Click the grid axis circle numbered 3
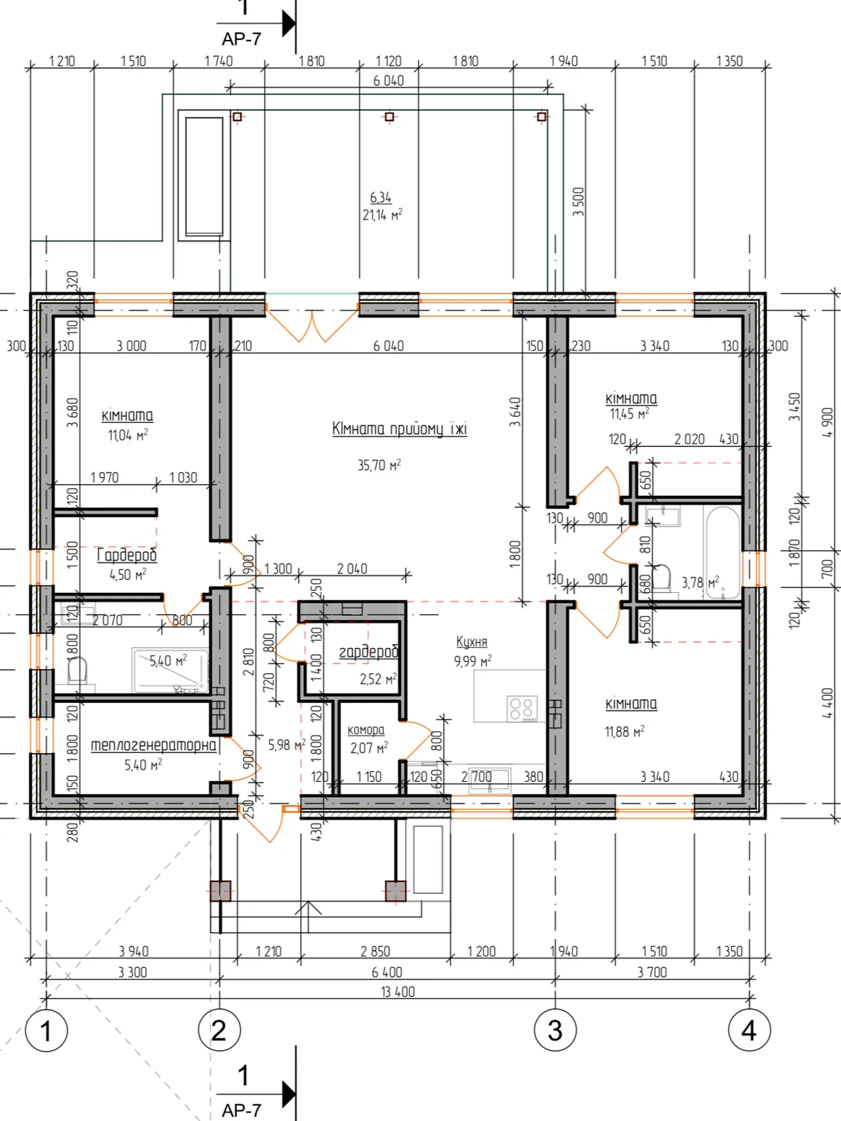click(555, 1030)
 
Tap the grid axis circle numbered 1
click(46, 1030)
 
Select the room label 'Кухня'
click(471, 642)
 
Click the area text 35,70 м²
click(379, 465)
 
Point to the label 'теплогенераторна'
click(153, 745)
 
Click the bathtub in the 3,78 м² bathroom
click(723, 551)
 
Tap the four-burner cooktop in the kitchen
click(522, 708)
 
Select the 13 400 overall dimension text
click(398, 992)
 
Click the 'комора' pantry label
click(366, 730)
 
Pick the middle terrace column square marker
click(390, 117)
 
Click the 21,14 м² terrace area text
click(382, 215)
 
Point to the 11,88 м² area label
click(624, 732)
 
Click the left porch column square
click(221, 890)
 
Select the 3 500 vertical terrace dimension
click(578, 202)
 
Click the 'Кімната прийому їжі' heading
click(399, 429)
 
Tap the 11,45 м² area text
click(629, 413)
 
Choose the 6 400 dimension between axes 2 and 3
click(387, 972)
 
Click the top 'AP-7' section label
click(242, 39)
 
